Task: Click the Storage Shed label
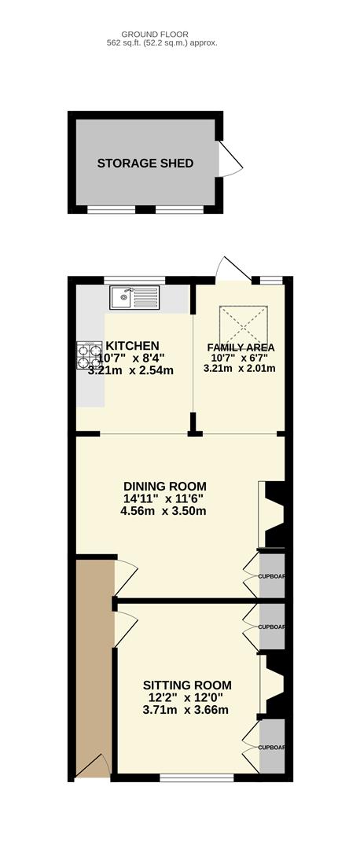pos(145,163)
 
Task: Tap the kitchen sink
pos(135,297)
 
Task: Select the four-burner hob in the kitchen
pos(90,355)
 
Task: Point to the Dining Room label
pos(165,486)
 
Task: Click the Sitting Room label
pos(187,685)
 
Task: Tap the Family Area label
pos(241,347)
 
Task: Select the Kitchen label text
pos(132,345)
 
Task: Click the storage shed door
pos(230,159)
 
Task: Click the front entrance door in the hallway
pos(93,766)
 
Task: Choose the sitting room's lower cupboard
pos(272,748)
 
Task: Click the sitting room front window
pos(197,777)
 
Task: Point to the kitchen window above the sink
pos(134,280)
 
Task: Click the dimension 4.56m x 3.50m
pos(163,511)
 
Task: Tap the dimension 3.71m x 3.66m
pos(186,709)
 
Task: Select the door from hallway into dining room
pos(126,577)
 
